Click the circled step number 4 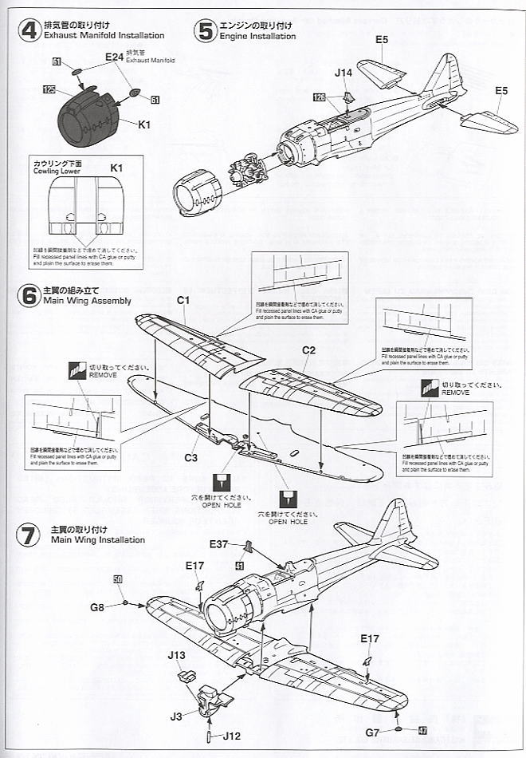click(29, 31)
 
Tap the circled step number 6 click(29, 296)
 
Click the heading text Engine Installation click(257, 36)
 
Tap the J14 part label click(343, 73)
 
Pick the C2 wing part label click(309, 349)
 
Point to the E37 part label click(220, 545)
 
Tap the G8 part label click(96, 607)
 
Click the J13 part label click(177, 655)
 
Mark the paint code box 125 click(49, 91)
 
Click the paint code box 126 click(320, 98)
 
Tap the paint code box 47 click(422, 730)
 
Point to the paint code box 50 click(117, 579)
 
